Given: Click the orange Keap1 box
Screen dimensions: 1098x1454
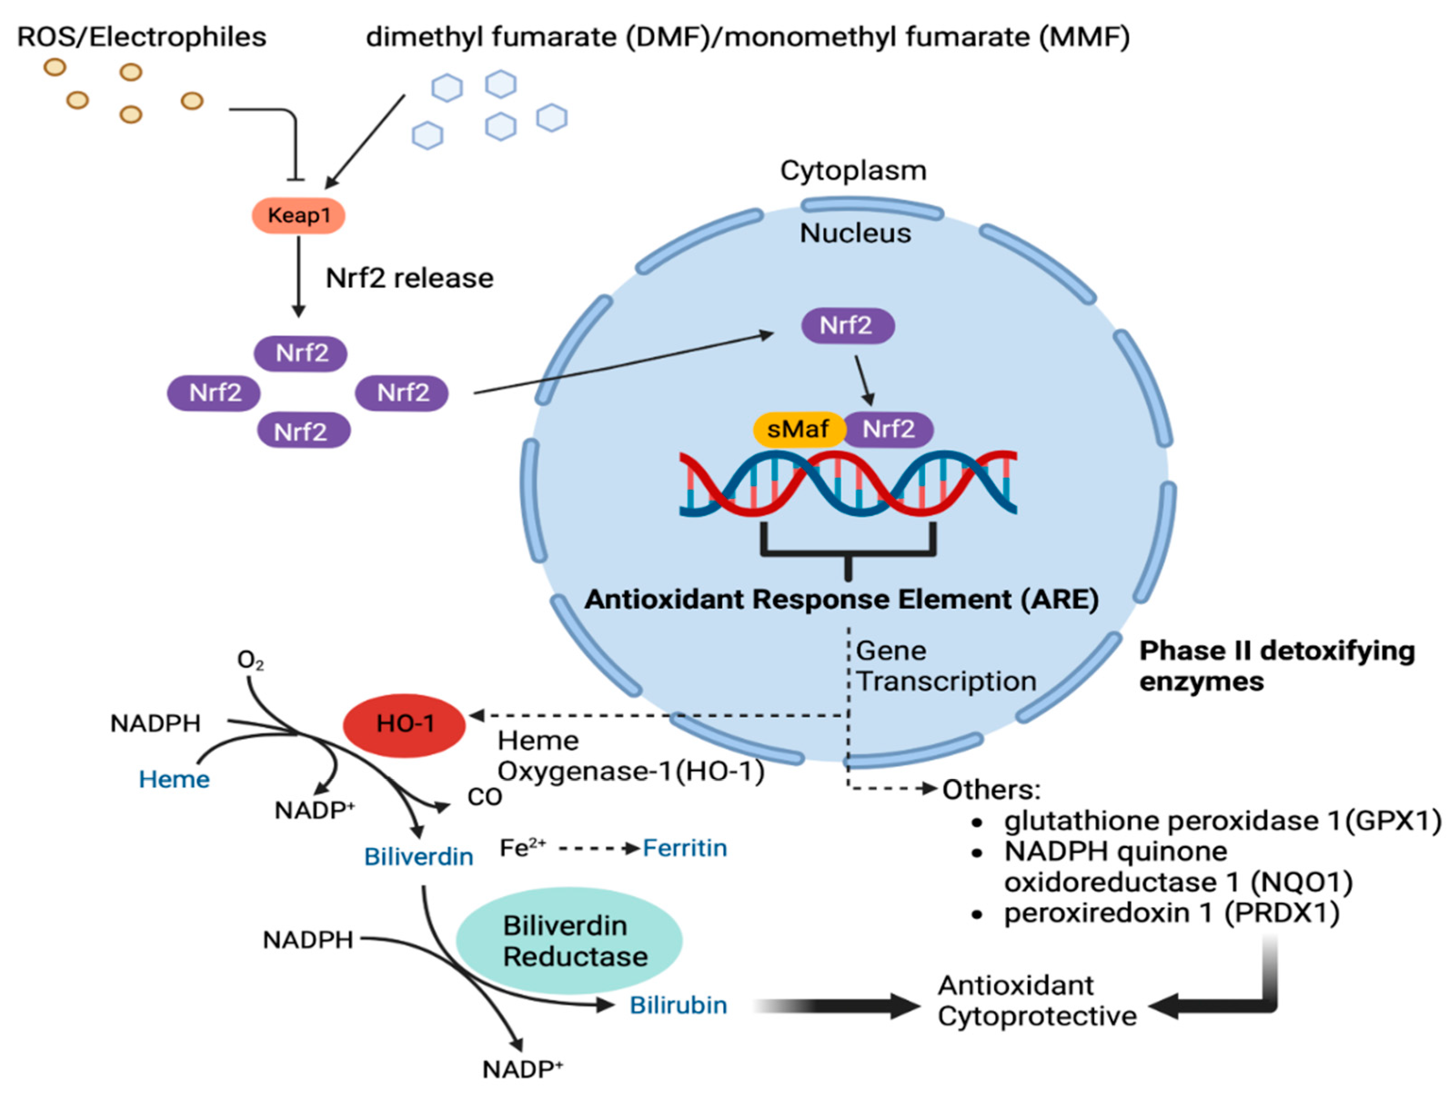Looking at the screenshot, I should pyautogui.click(x=298, y=216).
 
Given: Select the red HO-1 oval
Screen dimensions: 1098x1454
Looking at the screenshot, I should pyautogui.click(x=404, y=724).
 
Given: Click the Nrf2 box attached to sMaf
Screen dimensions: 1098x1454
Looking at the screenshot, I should pyautogui.click(x=889, y=429).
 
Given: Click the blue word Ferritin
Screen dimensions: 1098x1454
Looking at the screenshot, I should pyautogui.click(x=685, y=848).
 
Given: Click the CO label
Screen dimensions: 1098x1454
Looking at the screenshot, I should pyautogui.click(x=484, y=797).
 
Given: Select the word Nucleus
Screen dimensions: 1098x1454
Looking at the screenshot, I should pyautogui.click(x=855, y=233).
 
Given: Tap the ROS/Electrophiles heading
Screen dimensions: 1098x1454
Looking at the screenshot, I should pyautogui.click(x=141, y=37).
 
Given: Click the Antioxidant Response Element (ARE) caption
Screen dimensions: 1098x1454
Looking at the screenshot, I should pyautogui.click(x=842, y=599).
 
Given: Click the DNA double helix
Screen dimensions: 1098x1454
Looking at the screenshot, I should pyautogui.click(x=848, y=483).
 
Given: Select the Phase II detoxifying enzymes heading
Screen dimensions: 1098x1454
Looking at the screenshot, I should pyautogui.click(x=1277, y=666).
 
